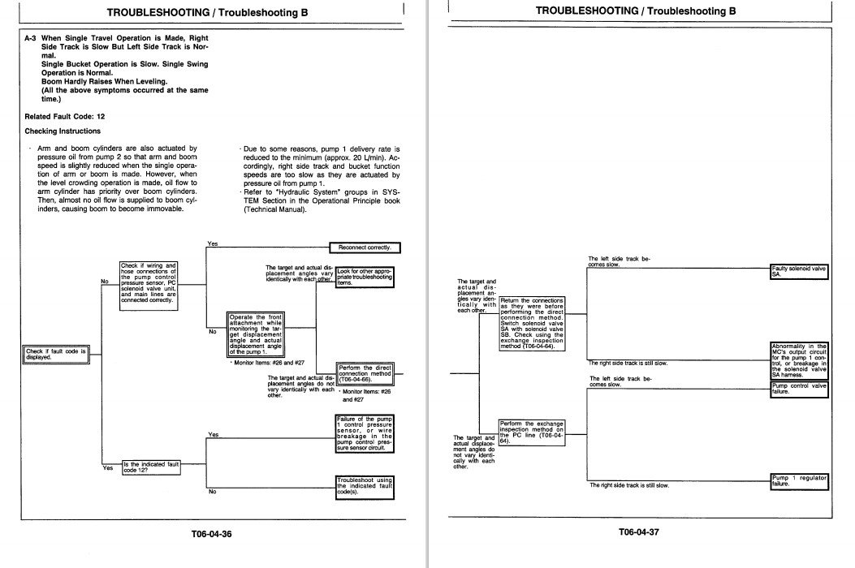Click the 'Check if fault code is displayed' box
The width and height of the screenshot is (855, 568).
(x=56, y=354)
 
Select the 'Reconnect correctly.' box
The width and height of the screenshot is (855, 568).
(x=365, y=247)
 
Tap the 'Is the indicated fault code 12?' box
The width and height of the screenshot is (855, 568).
(x=150, y=467)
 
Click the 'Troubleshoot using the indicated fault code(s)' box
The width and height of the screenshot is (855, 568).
(x=365, y=485)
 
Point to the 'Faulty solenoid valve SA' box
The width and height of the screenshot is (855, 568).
(x=799, y=272)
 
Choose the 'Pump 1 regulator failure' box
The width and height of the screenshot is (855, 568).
(x=799, y=480)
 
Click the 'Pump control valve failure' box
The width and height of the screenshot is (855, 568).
(x=799, y=389)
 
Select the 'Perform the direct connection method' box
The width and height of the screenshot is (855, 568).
(x=365, y=374)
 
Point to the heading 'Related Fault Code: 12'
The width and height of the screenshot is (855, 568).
(x=65, y=116)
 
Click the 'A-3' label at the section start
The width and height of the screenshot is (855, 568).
(x=31, y=38)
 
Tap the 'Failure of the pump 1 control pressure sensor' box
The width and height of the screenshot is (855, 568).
(x=365, y=433)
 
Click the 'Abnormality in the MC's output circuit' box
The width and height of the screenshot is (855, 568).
(x=799, y=360)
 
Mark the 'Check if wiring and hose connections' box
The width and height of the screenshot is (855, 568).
(x=149, y=282)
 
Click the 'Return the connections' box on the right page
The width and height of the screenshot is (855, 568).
(x=532, y=323)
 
